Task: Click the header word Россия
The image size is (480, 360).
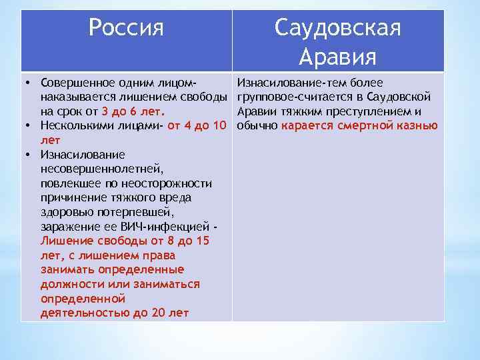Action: point(126,28)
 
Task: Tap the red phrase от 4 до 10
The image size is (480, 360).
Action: point(197,125)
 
